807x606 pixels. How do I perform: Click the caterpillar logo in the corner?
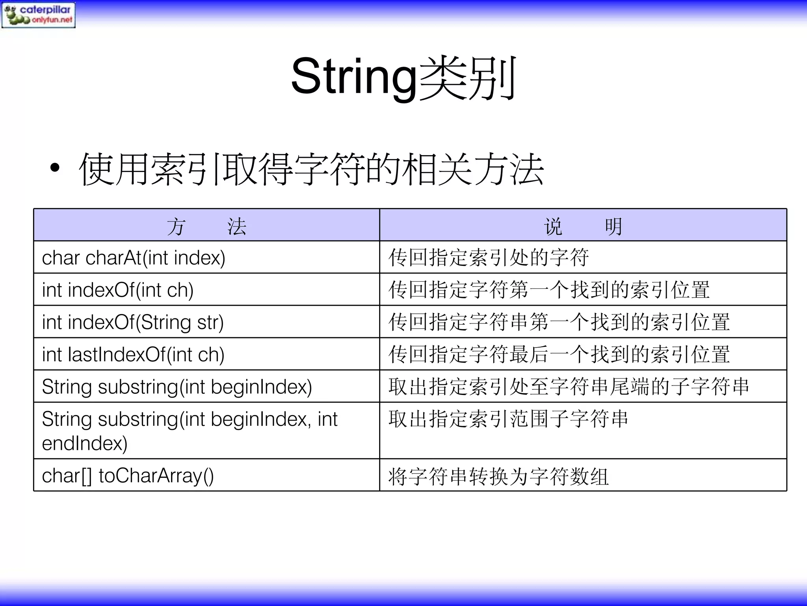(38, 15)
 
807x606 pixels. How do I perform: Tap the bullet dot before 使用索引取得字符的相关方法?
(55, 168)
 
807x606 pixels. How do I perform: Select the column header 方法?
(206, 226)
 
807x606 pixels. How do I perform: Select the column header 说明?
(583, 226)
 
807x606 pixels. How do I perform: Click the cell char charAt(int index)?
(134, 258)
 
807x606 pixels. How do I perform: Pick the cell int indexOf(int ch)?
(118, 290)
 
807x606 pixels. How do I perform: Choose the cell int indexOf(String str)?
(133, 322)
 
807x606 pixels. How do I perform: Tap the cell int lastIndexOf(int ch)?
(133, 355)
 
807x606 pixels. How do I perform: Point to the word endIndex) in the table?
(85, 443)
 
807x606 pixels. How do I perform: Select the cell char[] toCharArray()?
(128, 476)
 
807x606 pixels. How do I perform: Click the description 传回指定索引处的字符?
(489, 258)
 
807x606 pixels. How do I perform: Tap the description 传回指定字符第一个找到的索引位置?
(549, 290)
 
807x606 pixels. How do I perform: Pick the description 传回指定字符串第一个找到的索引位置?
(559, 322)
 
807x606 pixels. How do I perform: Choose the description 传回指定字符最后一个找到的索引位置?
(559, 355)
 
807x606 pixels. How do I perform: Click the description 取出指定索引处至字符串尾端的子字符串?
(569, 387)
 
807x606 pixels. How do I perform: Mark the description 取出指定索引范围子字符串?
(508, 419)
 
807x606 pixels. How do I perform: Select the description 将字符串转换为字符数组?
(498, 476)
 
